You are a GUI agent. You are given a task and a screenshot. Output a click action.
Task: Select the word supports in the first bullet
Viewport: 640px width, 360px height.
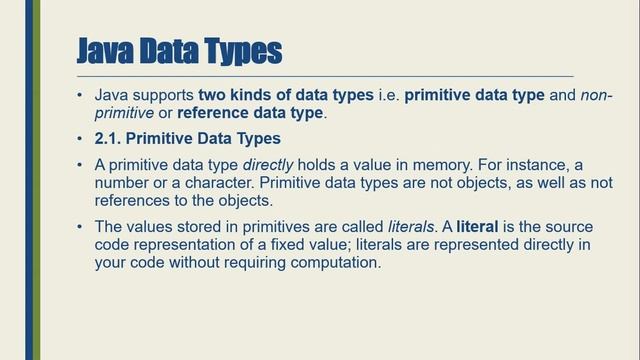163,95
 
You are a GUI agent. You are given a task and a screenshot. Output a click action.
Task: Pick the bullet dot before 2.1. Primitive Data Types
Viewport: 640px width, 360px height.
80,137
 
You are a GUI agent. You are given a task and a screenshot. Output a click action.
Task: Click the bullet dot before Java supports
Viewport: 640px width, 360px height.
80,95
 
